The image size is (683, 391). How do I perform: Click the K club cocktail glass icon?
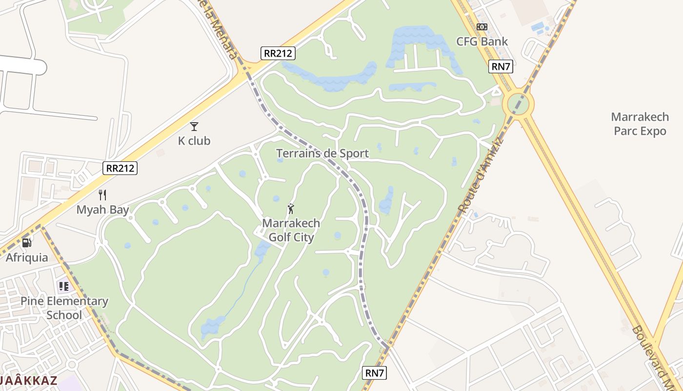click(x=194, y=127)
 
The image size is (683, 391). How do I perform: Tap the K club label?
click(x=194, y=141)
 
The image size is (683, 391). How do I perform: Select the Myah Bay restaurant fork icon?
click(x=102, y=195)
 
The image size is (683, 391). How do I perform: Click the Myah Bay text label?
click(x=102, y=210)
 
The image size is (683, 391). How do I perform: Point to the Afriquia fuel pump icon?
click(x=27, y=242)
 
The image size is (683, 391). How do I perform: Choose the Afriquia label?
click(x=27, y=258)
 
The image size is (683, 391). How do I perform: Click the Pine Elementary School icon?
click(x=63, y=286)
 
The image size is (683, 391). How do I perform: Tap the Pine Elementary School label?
click(x=64, y=308)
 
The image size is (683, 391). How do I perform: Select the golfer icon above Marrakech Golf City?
click(x=291, y=209)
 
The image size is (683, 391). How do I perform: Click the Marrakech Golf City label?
click(x=291, y=230)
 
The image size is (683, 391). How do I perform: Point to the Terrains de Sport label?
click(x=322, y=153)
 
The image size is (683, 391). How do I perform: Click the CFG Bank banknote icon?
click(x=482, y=27)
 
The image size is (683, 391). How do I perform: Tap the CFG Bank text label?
click(x=482, y=42)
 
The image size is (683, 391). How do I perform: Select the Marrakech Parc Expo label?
click(x=640, y=124)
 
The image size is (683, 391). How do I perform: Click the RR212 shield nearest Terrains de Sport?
click(x=278, y=53)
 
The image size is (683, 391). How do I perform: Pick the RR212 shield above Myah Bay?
click(x=121, y=169)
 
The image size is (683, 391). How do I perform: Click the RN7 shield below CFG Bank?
click(x=501, y=66)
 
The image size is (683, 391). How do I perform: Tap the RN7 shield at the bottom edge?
click(x=375, y=373)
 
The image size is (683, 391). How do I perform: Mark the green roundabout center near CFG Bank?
click(x=521, y=104)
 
